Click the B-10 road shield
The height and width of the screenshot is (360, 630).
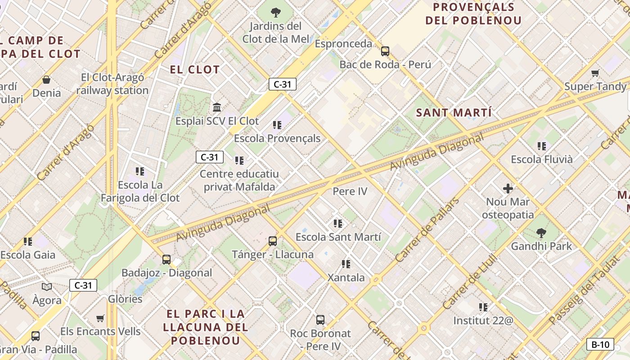point(600,345)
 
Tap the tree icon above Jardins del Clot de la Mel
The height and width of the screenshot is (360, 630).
point(276,12)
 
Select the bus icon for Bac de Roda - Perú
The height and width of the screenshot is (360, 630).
point(385,51)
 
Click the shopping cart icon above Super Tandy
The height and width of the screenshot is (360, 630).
point(595,73)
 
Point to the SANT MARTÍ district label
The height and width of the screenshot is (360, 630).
point(454,112)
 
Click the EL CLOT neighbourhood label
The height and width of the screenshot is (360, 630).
point(195,70)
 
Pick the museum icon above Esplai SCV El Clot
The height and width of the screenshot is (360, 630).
point(217,108)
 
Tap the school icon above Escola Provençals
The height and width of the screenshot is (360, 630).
point(277,125)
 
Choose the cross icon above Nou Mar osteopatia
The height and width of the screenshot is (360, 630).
point(508,188)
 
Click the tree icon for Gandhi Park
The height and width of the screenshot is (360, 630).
point(541,233)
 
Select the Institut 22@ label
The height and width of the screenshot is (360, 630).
point(483,321)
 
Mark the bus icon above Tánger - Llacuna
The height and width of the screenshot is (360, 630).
point(273,241)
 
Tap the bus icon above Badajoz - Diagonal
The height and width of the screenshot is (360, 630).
point(166,259)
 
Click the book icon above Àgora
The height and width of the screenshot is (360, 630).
point(47,287)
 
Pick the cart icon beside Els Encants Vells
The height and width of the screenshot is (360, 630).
point(100,318)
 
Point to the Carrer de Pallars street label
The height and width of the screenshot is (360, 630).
point(427,229)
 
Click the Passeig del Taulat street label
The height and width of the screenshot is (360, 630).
point(585,291)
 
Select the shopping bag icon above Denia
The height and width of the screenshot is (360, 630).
point(46,80)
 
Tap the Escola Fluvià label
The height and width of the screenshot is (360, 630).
point(542,159)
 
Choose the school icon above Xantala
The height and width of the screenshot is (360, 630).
point(346,264)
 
